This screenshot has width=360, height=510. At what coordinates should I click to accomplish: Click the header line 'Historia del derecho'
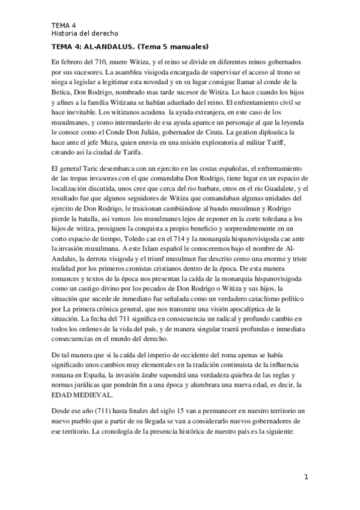point(85,32)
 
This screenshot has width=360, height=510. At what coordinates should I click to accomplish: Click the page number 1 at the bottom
point(306,478)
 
